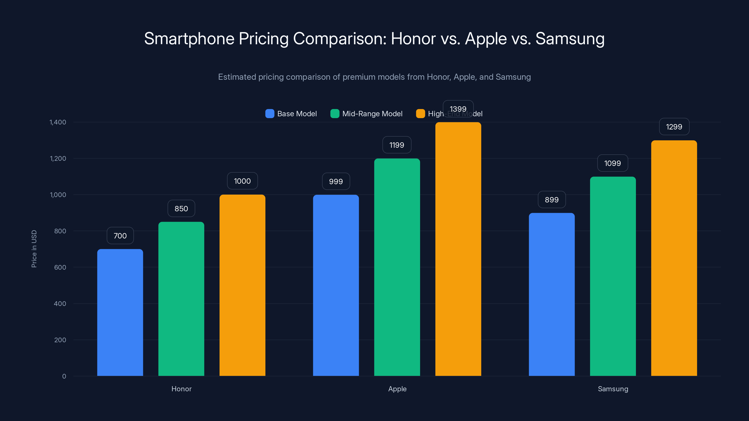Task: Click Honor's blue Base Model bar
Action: pos(120,312)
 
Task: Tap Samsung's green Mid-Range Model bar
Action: pos(613,276)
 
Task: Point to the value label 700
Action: pos(120,236)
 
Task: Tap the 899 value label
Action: pos(552,200)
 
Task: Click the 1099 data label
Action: pos(612,163)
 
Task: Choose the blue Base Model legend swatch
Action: pos(270,114)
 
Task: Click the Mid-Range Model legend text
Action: pos(372,114)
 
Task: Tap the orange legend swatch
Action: pos(420,114)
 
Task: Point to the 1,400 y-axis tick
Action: pos(58,122)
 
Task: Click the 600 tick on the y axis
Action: pos(60,267)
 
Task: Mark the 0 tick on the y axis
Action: pos(64,376)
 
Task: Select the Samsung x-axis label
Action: pos(613,389)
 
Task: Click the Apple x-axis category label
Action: pos(397,389)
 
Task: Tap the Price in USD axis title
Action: pos(34,249)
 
